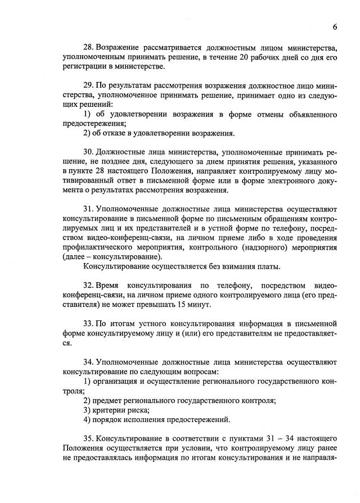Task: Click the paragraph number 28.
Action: tap(88, 46)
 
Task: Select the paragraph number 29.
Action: tap(88, 85)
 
